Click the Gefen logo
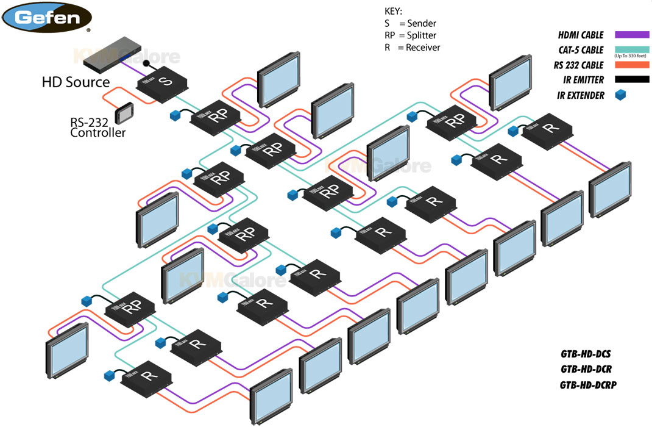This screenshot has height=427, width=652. tap(49, 16)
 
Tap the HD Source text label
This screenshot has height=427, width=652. tap(76, 82)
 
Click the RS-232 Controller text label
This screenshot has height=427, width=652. tap(97, 127)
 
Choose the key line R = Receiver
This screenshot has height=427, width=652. tap(412, 48)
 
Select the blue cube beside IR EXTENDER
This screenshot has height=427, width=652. tap(620, 95)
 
